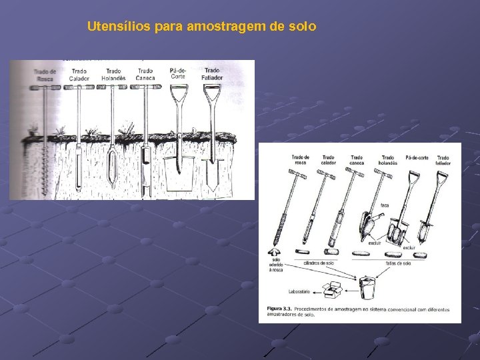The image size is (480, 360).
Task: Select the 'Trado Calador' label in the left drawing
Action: pyautogui.click(x=79, y=74)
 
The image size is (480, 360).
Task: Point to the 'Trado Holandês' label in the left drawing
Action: pyautogui.click(x=113, y=74)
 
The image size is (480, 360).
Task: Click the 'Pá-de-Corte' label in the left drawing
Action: pyautogui.click(x=178, y=73)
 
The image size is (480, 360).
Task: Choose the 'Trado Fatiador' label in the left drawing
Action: pyautogui.click(x=212, y=73)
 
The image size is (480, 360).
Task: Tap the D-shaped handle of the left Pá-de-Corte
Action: pyautogui.click(x=178, y=95)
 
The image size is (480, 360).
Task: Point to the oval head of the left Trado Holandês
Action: pyautogui.click(x=113, y=163)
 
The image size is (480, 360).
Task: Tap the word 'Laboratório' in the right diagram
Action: pyautogui.click(x=300, y=292)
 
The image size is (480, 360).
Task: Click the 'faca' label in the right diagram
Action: pyautogui.click(x=385, y=205)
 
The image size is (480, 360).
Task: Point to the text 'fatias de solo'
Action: pyautogui.click(x=397, y=263)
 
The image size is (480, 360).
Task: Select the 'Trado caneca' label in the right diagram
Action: pyautogui.click(x=357, y=160)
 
